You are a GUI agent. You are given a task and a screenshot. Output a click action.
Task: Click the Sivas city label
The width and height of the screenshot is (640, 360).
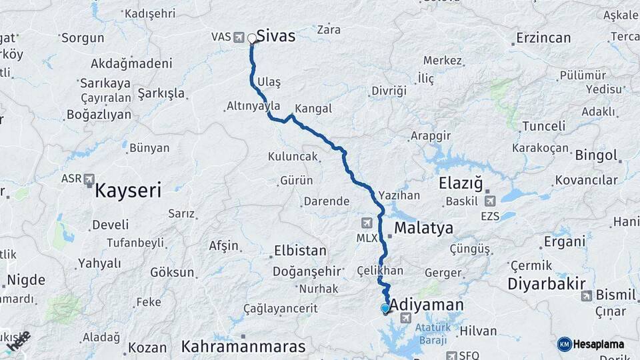pos(275,36)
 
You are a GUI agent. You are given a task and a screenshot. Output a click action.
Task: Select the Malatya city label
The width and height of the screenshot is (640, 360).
pos(423,228)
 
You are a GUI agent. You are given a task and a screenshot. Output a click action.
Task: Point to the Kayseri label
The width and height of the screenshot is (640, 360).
pos(128,190)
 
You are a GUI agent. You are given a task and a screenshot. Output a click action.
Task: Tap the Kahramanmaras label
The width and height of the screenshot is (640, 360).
pos(243,347)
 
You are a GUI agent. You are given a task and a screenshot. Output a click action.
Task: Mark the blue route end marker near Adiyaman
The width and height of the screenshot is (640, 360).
pos(385,308)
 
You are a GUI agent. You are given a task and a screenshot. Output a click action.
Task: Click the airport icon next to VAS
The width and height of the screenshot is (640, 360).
pos(239,37)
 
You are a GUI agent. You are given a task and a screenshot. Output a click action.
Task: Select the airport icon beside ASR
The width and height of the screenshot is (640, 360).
pos(89,179)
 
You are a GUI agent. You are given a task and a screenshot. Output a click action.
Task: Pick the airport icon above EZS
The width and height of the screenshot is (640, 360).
pos(490,201)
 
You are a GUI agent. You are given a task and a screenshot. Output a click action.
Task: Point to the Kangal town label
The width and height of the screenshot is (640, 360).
pos(313,108)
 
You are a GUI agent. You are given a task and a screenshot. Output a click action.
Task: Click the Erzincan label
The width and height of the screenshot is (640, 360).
pos(544,38)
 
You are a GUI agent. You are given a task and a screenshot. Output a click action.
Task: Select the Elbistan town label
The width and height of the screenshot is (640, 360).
pos(300,251)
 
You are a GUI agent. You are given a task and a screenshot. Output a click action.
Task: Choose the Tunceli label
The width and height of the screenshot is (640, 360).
pos(543,126)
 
